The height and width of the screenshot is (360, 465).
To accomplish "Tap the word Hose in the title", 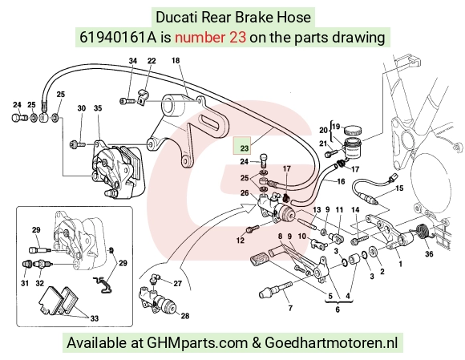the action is (x=293, y=17).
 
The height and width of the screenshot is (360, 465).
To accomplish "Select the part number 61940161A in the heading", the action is (x=118, y=38).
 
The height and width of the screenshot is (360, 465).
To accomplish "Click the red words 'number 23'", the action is (x=210, y=38).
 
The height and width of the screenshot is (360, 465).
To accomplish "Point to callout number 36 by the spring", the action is (x=429, y=253).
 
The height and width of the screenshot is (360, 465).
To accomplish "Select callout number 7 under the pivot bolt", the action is (x=290, y=309).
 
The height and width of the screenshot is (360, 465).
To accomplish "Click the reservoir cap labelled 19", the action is (x=353, y=130).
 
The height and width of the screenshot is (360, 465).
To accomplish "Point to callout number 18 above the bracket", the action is (x=176, y=60).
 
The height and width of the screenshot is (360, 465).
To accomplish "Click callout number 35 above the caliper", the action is (x=98, y=108).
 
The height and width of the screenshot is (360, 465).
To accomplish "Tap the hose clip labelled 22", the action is (x=144, y=97).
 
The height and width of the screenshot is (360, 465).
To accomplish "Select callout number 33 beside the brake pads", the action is (x=94, y=318).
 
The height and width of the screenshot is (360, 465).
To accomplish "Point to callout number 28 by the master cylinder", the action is (x=185, y=316).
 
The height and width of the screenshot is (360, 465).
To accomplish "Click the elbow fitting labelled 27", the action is (x=155, y=278).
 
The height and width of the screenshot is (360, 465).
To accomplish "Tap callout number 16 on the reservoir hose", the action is (x=341, y=181).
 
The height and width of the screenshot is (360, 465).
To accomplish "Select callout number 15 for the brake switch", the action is (x=399, y=188).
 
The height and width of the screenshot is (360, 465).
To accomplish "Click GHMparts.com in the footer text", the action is (x=197, y=343).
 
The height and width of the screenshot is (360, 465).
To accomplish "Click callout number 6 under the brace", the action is (x=338, y=309).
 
